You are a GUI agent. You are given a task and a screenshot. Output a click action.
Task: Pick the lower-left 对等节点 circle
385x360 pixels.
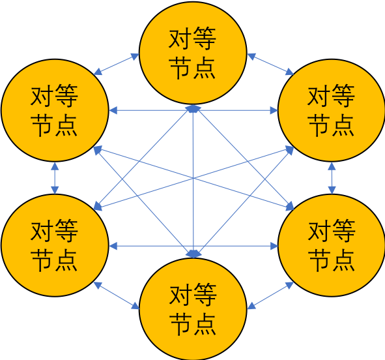coord(55,247)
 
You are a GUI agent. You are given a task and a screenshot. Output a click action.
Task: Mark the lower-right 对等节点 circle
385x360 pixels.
coord(331,247)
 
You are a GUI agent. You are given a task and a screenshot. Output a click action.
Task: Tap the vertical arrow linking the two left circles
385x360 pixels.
coord(54,178)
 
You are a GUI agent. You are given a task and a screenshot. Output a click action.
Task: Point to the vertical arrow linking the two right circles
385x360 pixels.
coord(332,178)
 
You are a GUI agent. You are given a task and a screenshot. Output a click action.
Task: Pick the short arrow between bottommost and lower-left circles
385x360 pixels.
coord(117,295)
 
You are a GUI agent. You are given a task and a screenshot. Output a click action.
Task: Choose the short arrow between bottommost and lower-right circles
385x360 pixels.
coord(270,295)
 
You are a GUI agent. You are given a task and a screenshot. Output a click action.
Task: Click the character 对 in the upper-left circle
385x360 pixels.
coord(42,97)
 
